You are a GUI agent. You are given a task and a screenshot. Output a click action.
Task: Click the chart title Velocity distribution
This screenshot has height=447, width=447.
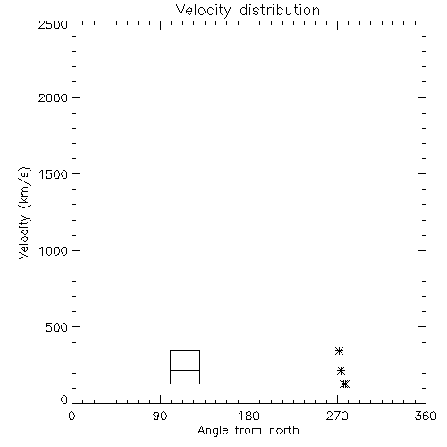(248, 11)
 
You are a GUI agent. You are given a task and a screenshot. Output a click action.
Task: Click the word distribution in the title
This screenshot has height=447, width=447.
(280, 11)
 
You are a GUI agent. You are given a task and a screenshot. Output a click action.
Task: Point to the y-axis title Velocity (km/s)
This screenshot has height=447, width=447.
(24, 213)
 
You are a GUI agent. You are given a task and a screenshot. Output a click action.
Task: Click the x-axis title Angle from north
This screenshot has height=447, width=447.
(248, 431)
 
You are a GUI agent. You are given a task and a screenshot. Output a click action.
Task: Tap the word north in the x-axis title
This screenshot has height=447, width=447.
(284, 431)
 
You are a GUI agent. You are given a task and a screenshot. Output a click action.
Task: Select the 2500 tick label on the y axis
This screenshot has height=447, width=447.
(53, 24)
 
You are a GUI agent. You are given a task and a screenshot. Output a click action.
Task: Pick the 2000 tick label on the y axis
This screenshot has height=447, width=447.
(53, 97)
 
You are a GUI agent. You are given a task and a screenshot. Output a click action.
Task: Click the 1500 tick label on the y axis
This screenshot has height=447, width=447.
(54, 174)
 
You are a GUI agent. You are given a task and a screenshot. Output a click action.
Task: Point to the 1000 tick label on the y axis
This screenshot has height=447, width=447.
(54, 251)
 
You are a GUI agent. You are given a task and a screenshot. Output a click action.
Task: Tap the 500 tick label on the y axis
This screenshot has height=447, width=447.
(57, 327)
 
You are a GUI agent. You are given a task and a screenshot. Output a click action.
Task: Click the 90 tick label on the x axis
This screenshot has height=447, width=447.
(160, 416)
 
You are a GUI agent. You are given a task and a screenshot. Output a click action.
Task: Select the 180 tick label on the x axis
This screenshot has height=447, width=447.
(249, 416)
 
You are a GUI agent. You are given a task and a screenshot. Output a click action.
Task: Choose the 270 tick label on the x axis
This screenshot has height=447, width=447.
(337, 416)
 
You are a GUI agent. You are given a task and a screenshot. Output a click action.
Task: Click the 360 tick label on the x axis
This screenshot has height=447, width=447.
(426, 416)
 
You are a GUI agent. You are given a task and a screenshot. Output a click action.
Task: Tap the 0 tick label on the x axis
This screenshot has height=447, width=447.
(72, 416)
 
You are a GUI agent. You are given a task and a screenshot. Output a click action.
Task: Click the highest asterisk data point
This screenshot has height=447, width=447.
(339, 351)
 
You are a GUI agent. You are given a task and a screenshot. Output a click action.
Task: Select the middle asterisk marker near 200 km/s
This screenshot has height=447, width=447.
(341, 371)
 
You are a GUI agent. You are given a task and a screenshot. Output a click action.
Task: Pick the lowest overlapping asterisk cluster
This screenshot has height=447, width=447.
(345, 384)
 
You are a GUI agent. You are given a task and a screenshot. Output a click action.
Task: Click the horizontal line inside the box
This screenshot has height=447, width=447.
(185, 370)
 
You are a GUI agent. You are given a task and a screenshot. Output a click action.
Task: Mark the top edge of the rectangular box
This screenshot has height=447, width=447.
(185, 351)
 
